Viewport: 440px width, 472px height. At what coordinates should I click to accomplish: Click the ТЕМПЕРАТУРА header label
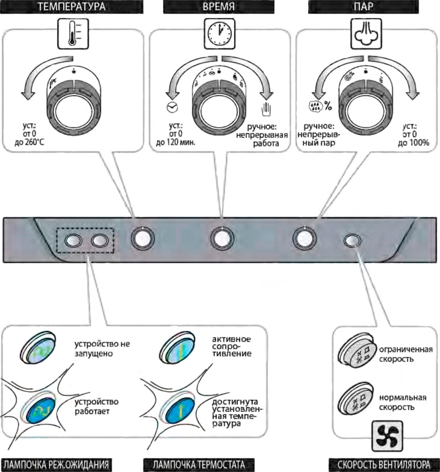coord(73,8)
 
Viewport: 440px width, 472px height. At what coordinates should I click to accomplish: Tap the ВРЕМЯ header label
coord(221,8)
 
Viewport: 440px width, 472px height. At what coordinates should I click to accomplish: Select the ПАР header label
coord(365,8)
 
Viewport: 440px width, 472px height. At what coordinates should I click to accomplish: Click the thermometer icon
coord(73,34)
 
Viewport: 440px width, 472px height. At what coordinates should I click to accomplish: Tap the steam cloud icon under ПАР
coord(365,34)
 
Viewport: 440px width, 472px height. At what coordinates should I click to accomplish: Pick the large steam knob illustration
coord(365,104)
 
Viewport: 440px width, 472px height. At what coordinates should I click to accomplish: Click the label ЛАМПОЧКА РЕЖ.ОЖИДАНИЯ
coord(56,464)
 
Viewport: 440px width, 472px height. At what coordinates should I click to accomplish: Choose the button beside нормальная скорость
coord(355,399)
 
